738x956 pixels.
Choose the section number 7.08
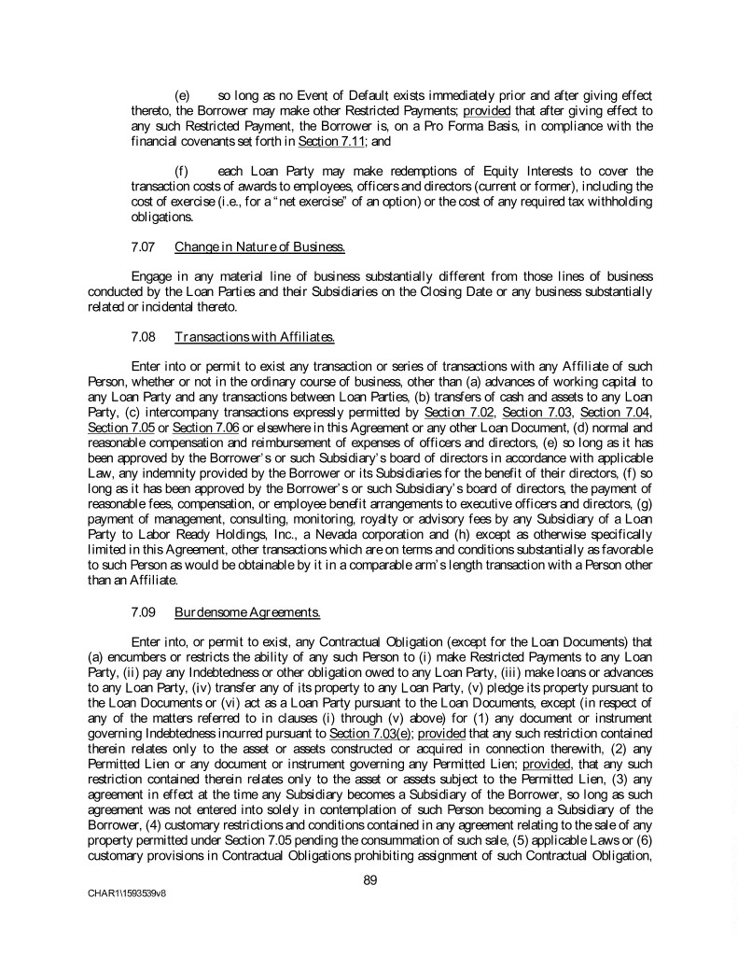(x=145, y=336)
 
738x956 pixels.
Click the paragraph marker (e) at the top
(x=183, y=96)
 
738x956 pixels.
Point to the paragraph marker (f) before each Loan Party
(x=182, y=171)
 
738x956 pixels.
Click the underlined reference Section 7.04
(x=620, y=412)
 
